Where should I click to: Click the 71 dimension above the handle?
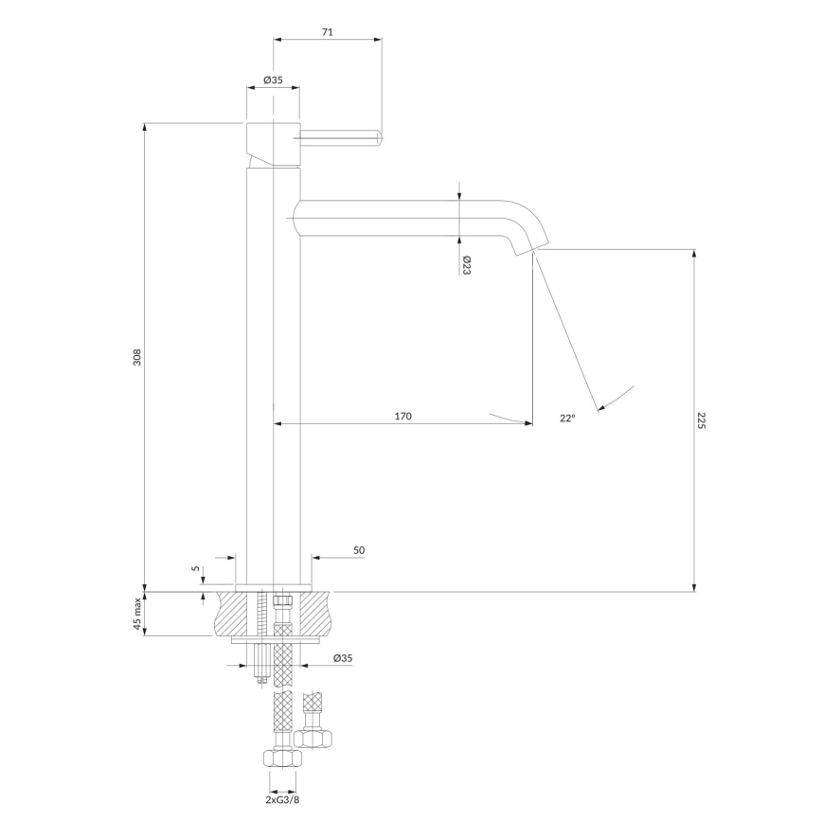(328, 31)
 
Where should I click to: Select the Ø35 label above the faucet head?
(273, 80)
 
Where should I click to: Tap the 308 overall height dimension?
(137, 358)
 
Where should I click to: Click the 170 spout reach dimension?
(402, 416)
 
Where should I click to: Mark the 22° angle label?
(567, 418)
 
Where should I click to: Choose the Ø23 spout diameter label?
(467, 265)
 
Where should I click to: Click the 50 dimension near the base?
(359, 549)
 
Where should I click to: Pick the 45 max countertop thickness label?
(137, 614)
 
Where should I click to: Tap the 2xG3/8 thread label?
(283, 800)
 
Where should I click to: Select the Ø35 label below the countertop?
(343, 657)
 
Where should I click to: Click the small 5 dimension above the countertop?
(196, 568)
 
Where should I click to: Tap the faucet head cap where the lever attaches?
(273, 142)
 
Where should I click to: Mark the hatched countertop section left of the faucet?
(231, 614)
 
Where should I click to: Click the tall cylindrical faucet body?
(273, 379)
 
